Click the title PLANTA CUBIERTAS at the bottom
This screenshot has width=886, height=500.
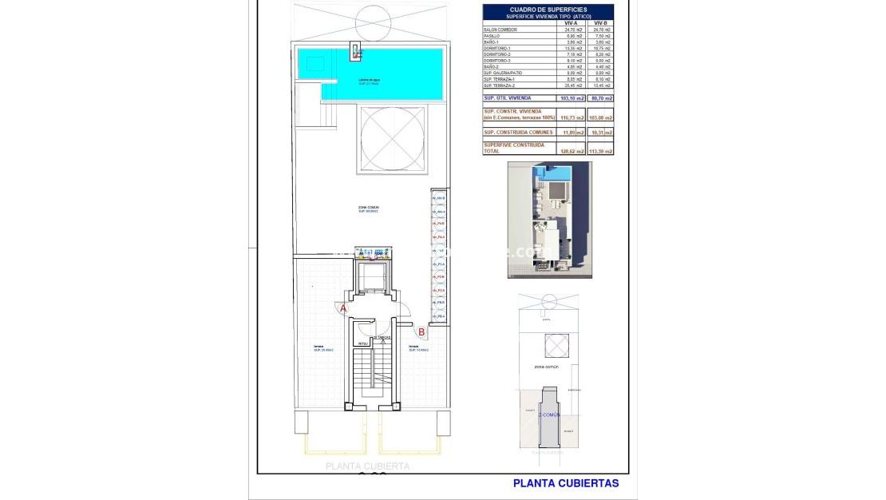point(565,482)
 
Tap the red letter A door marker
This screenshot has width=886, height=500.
point(344,308)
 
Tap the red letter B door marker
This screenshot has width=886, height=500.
point(421,331)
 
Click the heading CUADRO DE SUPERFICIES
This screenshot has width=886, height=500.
point(548,10)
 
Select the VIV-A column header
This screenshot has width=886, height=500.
point(571,23)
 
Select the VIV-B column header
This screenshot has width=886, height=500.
point(600,23)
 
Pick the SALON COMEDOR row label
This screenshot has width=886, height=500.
point(501,30)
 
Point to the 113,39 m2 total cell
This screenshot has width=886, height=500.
point(601,151)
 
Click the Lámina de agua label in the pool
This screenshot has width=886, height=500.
point(369,81)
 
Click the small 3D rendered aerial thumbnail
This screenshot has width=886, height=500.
point(549,220)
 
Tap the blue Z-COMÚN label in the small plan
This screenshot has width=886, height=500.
point(548,415)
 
